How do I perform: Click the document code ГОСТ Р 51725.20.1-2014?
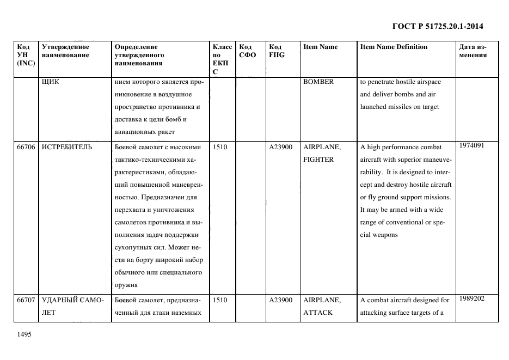[x=438, y=26]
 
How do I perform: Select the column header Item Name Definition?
[x=394, y=47]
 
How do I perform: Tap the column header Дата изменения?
[x=473, y=51]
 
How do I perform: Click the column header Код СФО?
[x=247, y=51]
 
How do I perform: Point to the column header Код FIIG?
[x=277, y=51]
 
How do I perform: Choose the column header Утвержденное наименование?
[x=65, y=51]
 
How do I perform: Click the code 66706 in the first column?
[x=26, y=147]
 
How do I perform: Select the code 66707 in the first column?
[x=26, y=300]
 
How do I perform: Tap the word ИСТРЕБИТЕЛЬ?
[x=67, y=147]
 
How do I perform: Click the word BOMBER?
[x=318, y=82]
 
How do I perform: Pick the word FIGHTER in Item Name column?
[x=318, y=160]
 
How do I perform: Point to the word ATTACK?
[x=318, y=313]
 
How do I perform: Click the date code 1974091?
[x=471, y=145]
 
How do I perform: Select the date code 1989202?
[x=471, y=298]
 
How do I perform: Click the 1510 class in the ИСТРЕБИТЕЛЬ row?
[x=220, y=147]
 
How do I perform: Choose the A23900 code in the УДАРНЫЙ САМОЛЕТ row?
[x=281, y=300]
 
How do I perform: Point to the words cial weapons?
[x=379, y=235]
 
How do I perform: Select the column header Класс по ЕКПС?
[x=222, y=59]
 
